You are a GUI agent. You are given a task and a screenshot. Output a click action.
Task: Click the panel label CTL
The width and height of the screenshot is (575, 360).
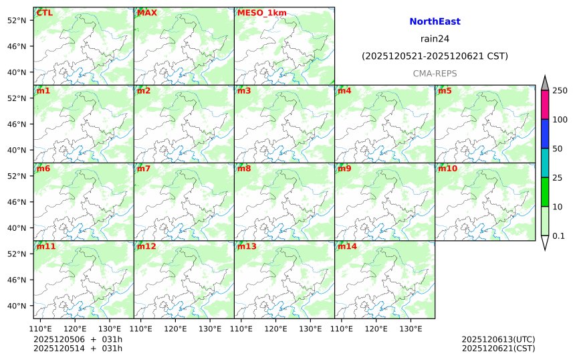click(44, 13)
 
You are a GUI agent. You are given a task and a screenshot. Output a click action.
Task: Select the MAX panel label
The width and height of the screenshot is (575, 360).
click(146, 13)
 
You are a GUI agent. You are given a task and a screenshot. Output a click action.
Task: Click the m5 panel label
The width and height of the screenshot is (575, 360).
click(445, 90)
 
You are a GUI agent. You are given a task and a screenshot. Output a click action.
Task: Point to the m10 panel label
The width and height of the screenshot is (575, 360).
click(447, 169)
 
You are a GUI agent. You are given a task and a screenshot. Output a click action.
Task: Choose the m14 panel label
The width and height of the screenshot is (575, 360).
click(347, 246)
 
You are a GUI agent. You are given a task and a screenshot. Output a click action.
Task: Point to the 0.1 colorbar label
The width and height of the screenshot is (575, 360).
click(558, 236)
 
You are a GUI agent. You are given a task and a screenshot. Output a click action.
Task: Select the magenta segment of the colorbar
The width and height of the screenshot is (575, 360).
click(545, 105)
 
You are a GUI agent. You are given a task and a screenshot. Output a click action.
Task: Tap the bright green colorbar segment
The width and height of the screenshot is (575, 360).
click(545, 192)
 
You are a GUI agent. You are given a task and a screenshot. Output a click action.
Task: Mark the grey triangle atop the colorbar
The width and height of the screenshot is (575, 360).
click(545, 83)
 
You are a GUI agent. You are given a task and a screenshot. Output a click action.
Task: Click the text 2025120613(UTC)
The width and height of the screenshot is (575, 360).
click(498, 339)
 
